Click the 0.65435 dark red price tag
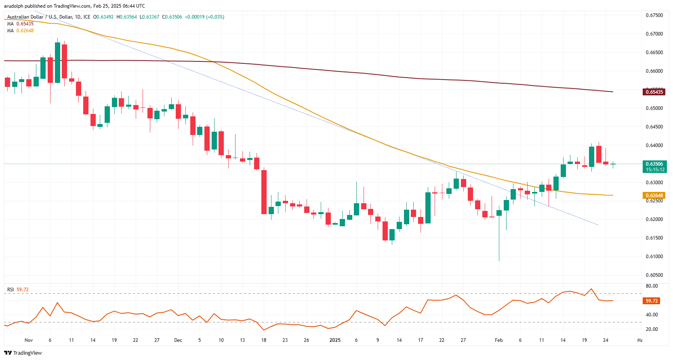click(x=654, y=92)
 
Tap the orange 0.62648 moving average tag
click(x=654, y=196)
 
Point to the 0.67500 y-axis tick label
click(x=654, y=15)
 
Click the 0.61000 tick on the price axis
click(x=654, y=257)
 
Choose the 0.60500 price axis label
click(x=654, y=275)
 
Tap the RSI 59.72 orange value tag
click(x=652, y=301)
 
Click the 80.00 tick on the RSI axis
click(x=652, y=286)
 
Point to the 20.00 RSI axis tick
click(x=652, y=329)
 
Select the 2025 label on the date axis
click(x=335, y=340)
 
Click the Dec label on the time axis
click(x=178, y=340)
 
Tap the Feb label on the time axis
click(x=499, y=340)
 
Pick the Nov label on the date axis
click(x=29, y=340)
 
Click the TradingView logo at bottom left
click(x=23, y=353)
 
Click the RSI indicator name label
click(x=11, y=290)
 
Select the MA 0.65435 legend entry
click(x=20, y=24)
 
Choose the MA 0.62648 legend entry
click(x=20, y=31)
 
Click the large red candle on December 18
click(x=264, y=192)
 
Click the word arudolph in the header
click(x=14, y=6)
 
